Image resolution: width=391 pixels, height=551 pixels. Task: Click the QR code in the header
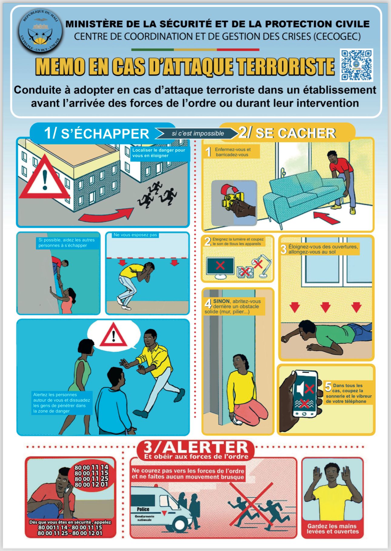356,65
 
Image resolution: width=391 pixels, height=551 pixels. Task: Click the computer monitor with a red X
220,266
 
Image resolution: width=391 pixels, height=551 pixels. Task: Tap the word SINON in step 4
221,301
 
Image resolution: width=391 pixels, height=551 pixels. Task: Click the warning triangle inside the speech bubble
113,335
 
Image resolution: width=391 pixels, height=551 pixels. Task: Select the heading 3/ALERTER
196,447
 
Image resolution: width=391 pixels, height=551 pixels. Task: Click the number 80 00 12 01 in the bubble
91,485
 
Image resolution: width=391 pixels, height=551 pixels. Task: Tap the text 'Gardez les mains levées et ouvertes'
333,529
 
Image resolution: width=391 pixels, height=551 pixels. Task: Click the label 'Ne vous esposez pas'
135,235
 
